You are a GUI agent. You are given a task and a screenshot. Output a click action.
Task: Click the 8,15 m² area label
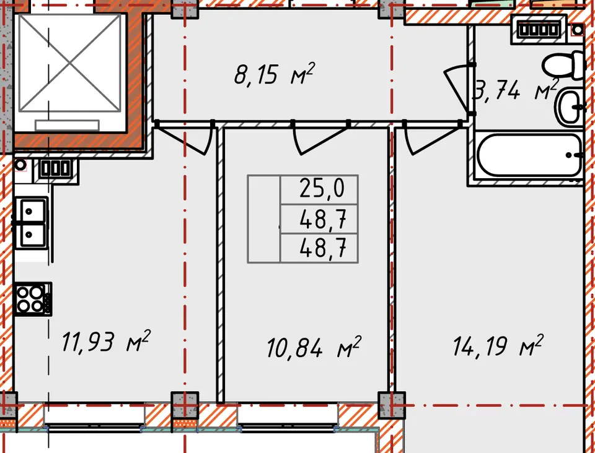point(274,74)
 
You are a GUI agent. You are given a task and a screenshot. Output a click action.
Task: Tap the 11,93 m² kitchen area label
point(106,341)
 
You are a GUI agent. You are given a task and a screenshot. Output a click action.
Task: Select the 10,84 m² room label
point(314,347)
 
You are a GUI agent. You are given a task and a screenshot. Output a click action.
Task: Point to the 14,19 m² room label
point(498,345)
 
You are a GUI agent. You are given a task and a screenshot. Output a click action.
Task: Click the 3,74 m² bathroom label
point(515,90)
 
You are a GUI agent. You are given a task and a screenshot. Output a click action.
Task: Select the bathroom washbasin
point(570,108)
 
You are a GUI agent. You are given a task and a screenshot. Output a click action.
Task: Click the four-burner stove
point(33,299)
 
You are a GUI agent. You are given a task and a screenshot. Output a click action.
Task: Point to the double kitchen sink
point(31,223)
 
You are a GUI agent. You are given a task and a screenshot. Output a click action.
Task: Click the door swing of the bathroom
point(459,89)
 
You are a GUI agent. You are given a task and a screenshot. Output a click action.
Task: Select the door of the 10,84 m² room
point(320,138)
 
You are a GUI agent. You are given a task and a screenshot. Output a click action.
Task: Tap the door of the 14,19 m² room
point(433,138)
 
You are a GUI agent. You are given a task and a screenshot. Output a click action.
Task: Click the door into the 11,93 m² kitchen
point(185,137)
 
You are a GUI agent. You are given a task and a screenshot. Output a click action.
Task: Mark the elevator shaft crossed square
point(70,64)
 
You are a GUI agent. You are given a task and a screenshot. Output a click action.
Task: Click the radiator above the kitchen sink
point(55,168)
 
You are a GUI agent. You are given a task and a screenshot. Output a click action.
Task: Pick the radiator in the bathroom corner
point(539,30)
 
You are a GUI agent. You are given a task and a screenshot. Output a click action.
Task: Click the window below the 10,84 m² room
point(288,418)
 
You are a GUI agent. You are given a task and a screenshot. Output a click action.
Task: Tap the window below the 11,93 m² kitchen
point(94,418)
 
